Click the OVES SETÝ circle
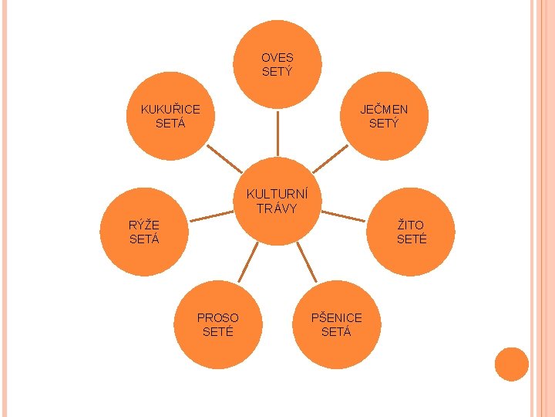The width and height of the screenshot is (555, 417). pos(277,64)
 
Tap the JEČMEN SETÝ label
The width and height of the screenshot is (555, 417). pos(384,116)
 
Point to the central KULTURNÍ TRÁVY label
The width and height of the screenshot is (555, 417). pos(277,201)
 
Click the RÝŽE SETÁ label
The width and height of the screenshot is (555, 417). pos(144,232)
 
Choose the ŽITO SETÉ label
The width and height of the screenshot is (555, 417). pos(411,232)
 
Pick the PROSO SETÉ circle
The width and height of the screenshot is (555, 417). pos(218,324)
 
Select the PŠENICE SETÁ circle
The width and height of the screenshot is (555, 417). pos(336,324)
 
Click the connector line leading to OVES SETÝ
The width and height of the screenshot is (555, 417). pos(277,135)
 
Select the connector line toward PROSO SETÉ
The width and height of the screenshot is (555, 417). pos(247,264)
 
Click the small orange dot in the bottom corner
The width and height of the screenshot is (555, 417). pos(511,364)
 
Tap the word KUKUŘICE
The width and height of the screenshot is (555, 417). pos(170,109)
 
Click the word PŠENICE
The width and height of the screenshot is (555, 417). pos(336,317)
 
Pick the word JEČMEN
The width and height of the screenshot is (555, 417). pos(384,109)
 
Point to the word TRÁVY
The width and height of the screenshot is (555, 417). pos(277,208)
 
